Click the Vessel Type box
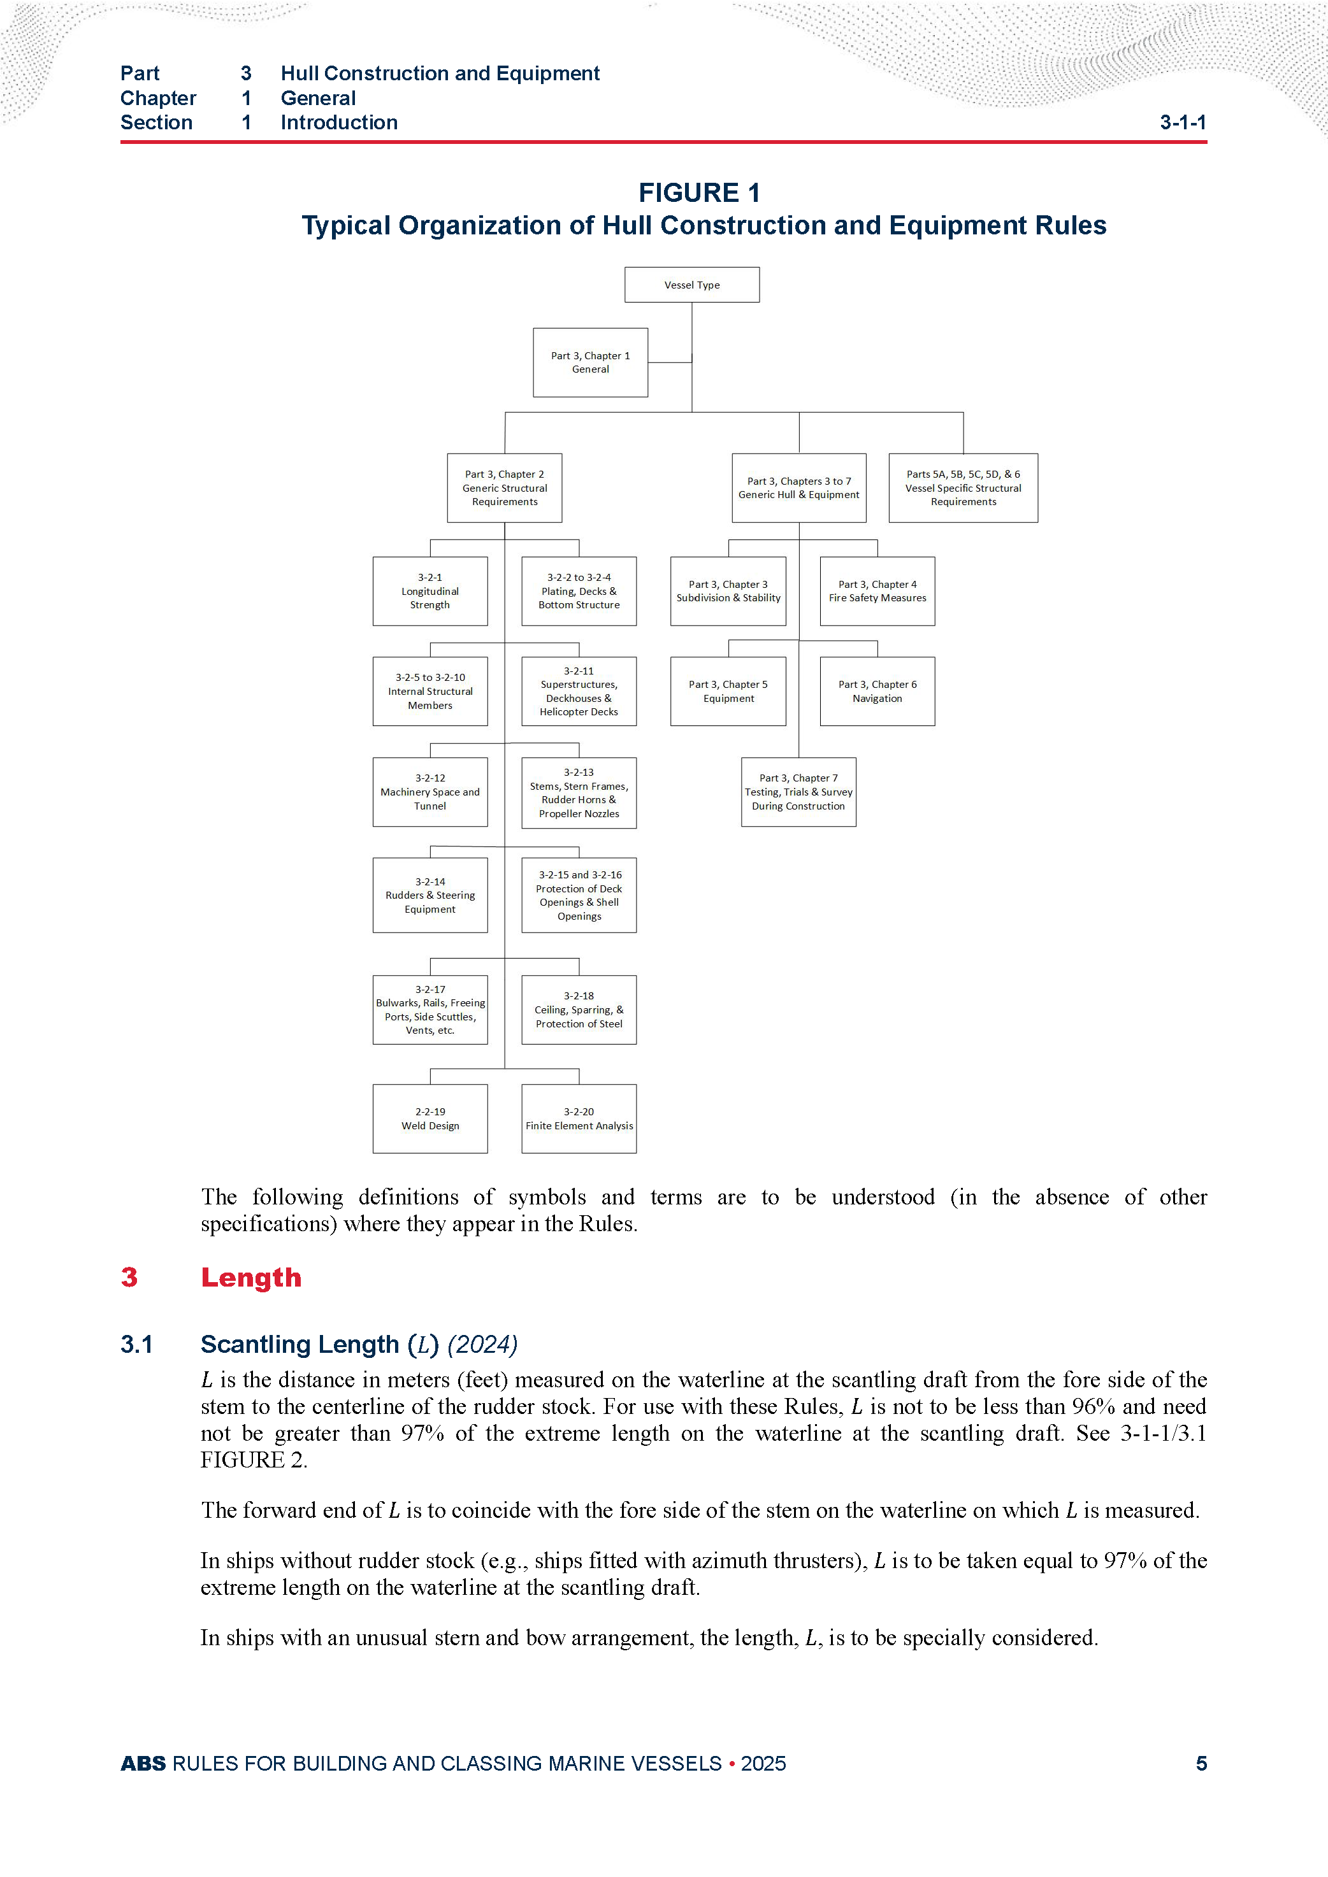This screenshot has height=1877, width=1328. coord(692,285)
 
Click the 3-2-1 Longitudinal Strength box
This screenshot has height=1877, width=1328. coord(429,591)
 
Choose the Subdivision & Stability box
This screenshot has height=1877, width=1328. coord(728,591)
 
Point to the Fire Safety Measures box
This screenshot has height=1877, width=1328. coord(877,591)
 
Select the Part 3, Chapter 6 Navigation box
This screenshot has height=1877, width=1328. coord(877,692)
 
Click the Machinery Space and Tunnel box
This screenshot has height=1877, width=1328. coord(429,792)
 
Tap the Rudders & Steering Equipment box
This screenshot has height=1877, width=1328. coord(429,895)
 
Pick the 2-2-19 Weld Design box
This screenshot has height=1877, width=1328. coord(429,1118)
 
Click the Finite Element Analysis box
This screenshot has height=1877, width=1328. coord(579,1118)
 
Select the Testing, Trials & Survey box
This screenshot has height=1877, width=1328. coord(798,792)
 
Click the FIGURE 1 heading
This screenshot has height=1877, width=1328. coord(699,193)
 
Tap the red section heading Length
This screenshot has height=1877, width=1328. coord(251,1278)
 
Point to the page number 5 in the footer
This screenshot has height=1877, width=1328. coord(1201,1764)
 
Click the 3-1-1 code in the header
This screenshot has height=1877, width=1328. coord(1183,123)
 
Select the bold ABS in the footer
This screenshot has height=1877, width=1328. coord(143,1764)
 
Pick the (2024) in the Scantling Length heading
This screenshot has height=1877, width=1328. coord(482,1345)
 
